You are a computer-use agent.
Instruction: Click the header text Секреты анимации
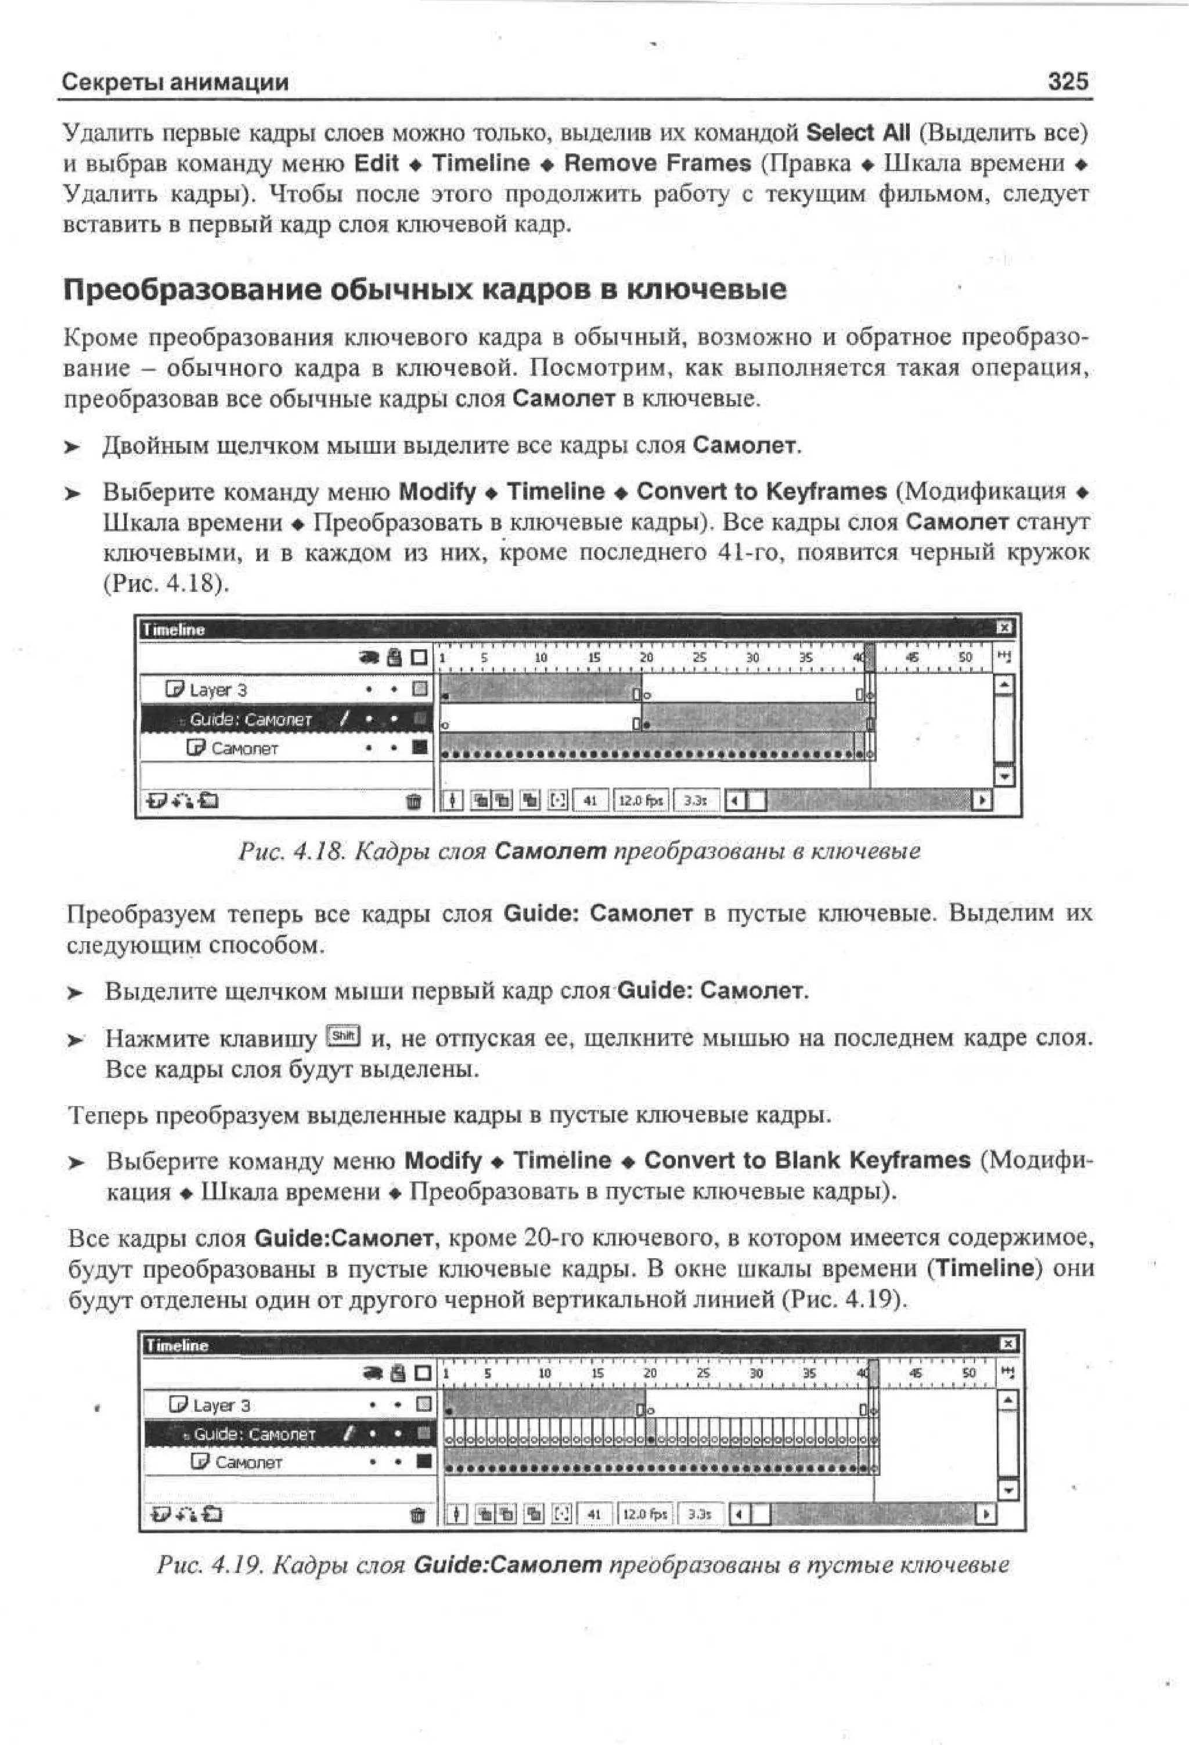click(x=175, y=82)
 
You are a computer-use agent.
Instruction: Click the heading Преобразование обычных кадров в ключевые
click(x=425, y=289)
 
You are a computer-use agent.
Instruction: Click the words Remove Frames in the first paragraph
click(x=657, y=164)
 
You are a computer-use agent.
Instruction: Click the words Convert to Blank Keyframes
click(x=806, y=1160)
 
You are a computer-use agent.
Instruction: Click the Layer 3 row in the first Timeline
click(x=218, y=689)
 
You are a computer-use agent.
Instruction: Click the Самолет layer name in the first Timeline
click(x=244, y=749)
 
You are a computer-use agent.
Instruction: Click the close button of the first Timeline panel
click(x=1005, y=628)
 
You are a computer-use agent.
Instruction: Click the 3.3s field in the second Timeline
click(x=698, y=1515)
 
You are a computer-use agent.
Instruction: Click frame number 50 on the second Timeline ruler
click(x=969, y=1374)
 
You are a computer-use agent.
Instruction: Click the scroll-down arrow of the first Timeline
click(x=1004, y=776)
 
